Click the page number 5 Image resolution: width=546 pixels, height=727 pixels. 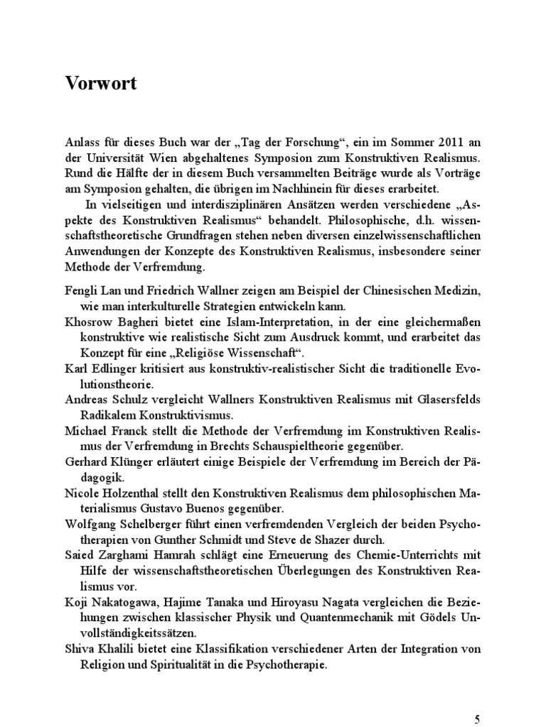[477, 719]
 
